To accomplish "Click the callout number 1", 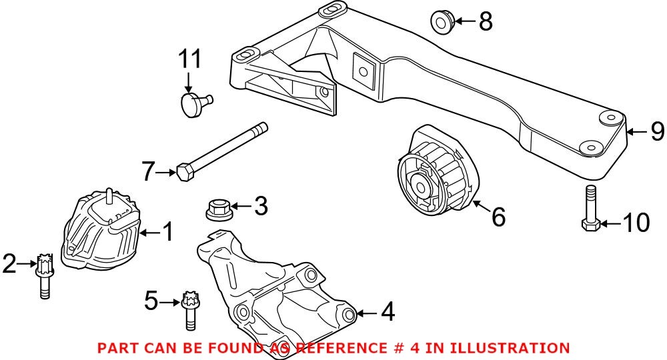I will (x=167, y=232).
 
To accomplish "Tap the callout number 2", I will (x=9, y=264).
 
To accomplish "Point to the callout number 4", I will (x=387, y=311).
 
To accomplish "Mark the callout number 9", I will (x=657, y=131).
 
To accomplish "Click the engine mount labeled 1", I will (x=100, y=230).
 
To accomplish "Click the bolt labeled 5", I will (x=188, y=311).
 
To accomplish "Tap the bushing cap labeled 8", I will (x=441, y=21).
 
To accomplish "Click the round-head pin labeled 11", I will (x=194, y=104).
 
